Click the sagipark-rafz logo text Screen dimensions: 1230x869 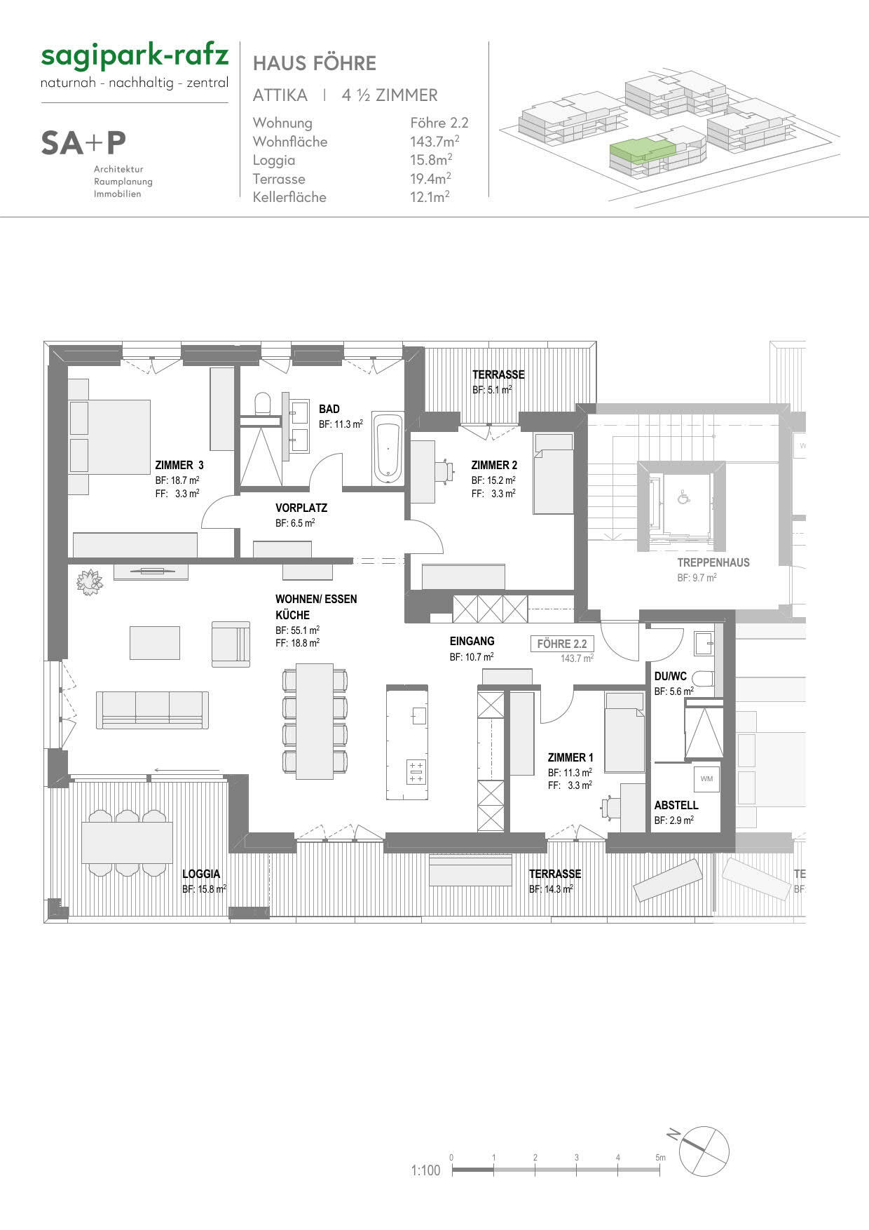(135, 56)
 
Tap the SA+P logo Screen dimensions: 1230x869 (83, 143)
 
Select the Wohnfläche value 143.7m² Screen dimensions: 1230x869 (434, 142)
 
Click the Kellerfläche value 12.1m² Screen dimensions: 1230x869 (430, 197)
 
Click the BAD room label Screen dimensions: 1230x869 (329, 409)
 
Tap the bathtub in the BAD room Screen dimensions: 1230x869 (388, 448)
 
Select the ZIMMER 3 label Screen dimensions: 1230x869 (179, 465)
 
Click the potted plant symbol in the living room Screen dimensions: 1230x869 (90, 581)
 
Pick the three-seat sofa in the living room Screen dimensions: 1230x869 (152, 709)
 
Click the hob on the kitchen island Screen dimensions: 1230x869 (416, 772)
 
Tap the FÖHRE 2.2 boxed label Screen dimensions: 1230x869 (561, 644)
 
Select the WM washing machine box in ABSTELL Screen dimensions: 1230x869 (706, 778)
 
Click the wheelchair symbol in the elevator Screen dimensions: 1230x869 (682, 499)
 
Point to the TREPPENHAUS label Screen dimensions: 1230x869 (713, 562)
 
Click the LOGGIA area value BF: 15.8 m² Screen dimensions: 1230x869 (204, 888)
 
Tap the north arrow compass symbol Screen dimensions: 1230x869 (704, 1152)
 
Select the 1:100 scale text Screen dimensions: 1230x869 (425, 1170)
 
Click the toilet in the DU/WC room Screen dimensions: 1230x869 (703, 678)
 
